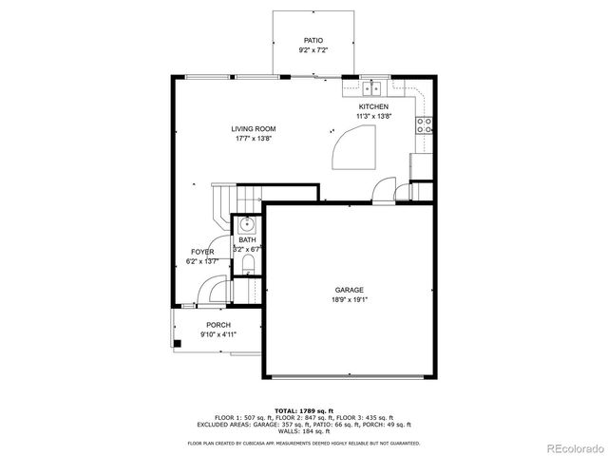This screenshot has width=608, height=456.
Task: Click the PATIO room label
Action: [313, 41]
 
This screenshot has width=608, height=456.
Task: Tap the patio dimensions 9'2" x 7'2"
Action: [313, 50]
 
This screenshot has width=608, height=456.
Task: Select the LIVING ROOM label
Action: [253, 129]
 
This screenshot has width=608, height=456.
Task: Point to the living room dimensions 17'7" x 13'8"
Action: [253, 139]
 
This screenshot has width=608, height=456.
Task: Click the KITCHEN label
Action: [372, 107]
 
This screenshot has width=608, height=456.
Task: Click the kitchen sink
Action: [373, 86]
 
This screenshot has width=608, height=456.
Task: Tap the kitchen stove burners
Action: [425, 123]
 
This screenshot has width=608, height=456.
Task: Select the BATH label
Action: [247, 240]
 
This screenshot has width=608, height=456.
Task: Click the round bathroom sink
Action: [245, 224]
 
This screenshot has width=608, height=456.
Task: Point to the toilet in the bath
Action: [246, 262]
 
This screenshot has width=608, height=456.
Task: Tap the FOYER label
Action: [201, 252]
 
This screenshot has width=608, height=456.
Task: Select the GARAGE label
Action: [349, 290]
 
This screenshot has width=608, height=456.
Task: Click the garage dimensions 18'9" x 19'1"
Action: [349, 299]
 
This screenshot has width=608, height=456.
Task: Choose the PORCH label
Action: [218, 325]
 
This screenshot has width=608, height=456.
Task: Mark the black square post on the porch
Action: [177, 342]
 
